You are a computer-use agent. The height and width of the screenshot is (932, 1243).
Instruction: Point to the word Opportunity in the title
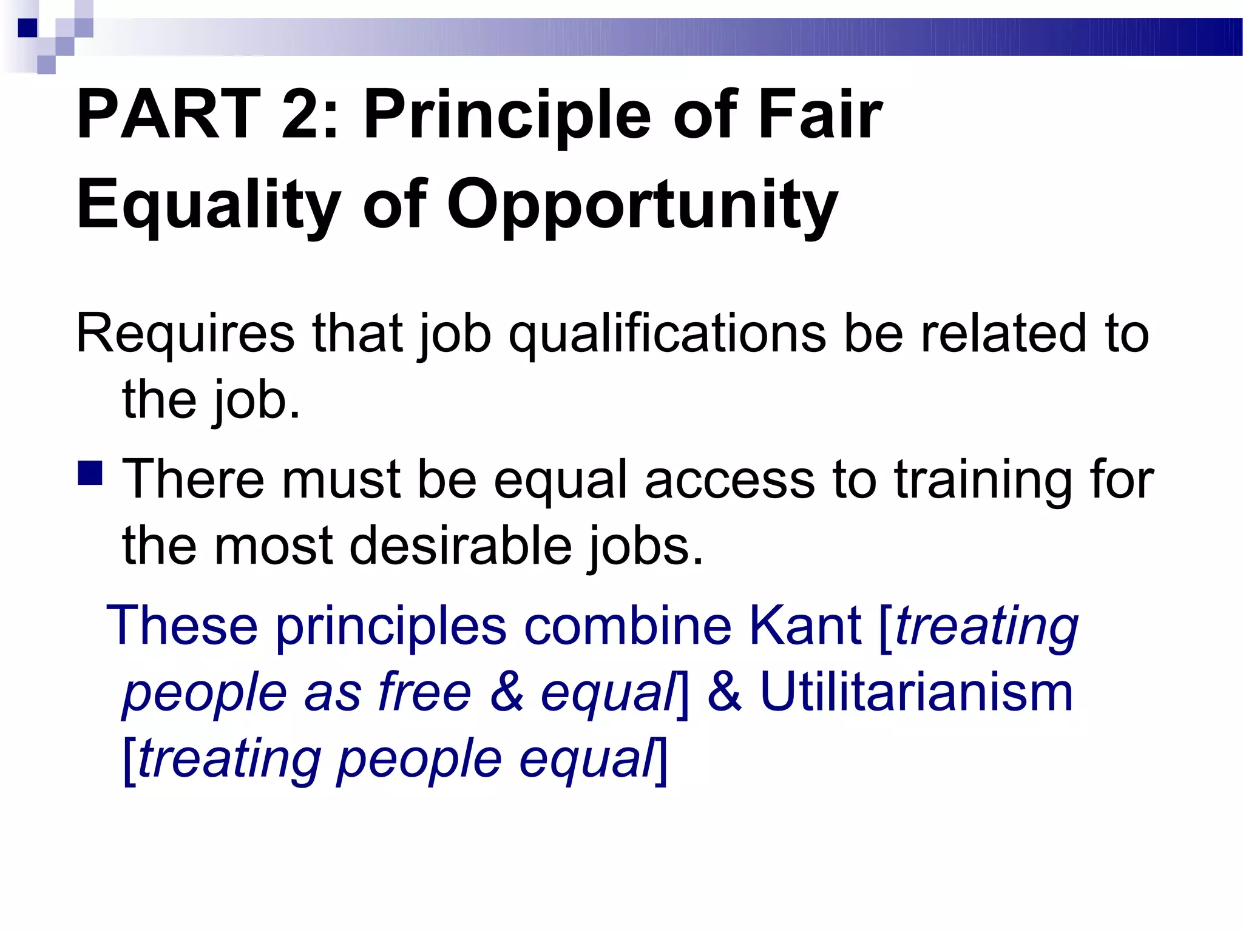pyautogui.click(x=642, y=204)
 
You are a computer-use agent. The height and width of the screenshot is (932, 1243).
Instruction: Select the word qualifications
pyautogui.click(x=667, y=333)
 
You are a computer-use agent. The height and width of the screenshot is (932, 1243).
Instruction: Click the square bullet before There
pyautogui.click(x=90, y=473)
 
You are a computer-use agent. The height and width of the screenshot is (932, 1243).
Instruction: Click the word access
pyautogui.click(x=729, y=479)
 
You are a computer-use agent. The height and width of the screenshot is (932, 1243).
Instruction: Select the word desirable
pyautogui.click(x=461, y=545)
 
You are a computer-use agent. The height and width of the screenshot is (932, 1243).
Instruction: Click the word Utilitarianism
pyautogui.click(x=916, y=692)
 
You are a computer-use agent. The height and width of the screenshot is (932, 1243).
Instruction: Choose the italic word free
pyautogui.click(x=424, y=692)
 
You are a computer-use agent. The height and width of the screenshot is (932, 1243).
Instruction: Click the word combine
pyautogui.click(x=628, y=626)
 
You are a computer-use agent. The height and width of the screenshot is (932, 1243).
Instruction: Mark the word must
pyautogui.click(x=340, y=479)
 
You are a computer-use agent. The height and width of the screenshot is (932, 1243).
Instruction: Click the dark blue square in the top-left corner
pyautogui.click(x=28, y=28)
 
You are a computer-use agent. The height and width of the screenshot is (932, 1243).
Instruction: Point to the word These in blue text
pyautogui.click(x=182, y=626)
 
